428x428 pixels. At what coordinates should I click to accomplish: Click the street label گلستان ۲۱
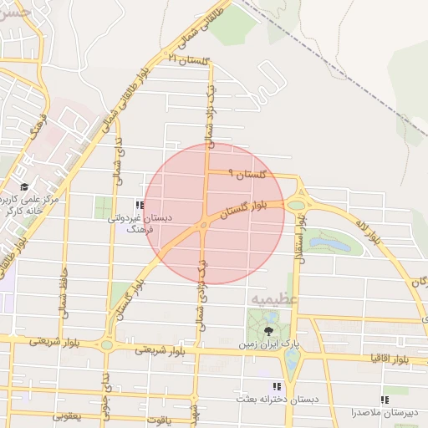click(x=186, y=60)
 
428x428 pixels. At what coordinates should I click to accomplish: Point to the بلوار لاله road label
click(x=367, y=232)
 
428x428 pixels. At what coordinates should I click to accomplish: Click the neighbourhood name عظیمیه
click(x=268, y=298)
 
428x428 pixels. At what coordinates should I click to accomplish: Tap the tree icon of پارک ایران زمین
click(x=267, y=332)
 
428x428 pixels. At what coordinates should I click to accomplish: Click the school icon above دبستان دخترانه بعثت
click(x=275, y=386)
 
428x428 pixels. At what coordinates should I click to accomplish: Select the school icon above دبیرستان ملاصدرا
click(x=385, y=400)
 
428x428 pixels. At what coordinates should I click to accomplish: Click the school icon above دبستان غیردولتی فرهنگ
click(x=139, y=204)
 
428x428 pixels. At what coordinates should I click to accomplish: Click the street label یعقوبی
click(x=71, y=415)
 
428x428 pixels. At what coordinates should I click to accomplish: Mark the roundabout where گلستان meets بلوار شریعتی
click(x=106, y=344)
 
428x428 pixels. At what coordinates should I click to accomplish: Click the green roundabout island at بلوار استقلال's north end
click(x=296, y=203)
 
